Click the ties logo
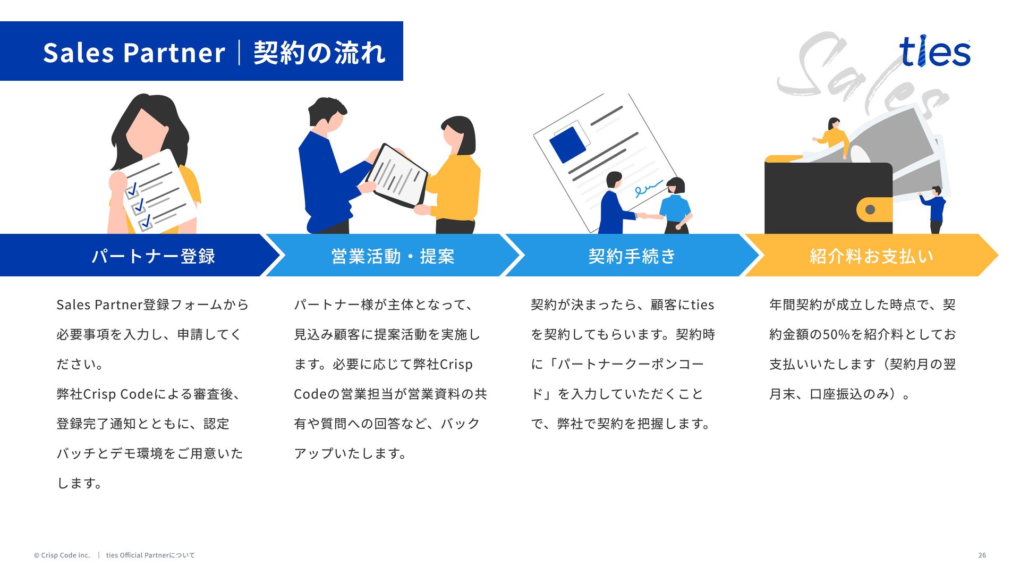(935, 52)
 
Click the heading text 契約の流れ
(319, 53)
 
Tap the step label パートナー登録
(154, 256)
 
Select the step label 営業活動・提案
(393, 256)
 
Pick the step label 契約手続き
(632, 256)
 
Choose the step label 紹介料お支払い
(871, 256)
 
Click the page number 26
(982, 555)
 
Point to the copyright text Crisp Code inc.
(62, 555)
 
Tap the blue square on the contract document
(567, 144)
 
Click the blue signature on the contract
(648, 189)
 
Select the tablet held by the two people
(398, 176)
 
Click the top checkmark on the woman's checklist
(132, 189)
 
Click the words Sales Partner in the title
(134, 53)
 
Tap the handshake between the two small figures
(642, 216)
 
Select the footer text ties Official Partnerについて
(150, 555)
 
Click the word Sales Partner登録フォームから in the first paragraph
(152, 305)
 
